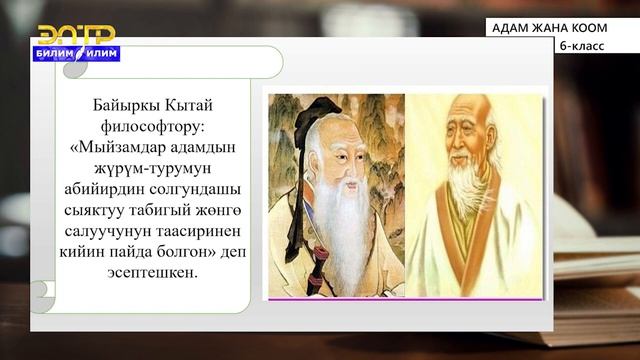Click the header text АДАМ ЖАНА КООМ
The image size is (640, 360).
(x=549, y=29)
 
